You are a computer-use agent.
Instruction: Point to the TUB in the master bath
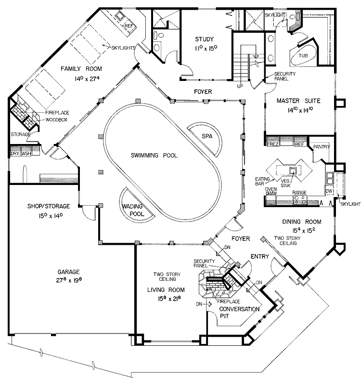(x=303, y=55)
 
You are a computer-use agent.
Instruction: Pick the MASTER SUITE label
(x=298, y=101)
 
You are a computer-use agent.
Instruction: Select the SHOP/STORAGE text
(x=48, y=208)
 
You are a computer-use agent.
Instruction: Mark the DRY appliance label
(x=14, y=154)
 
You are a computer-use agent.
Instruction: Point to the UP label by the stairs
(x=239, y=87)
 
